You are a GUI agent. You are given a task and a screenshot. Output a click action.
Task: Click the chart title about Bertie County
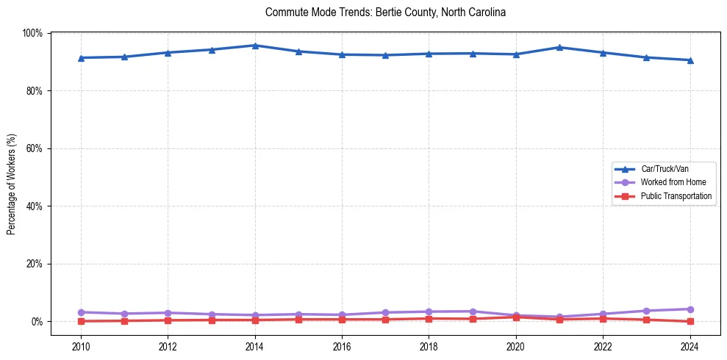385,12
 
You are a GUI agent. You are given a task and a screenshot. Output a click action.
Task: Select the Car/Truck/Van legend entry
665,169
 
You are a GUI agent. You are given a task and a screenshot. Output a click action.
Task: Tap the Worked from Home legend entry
673,182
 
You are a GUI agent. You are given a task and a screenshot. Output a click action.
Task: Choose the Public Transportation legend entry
676,196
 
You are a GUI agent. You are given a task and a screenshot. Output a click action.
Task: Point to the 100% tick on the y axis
32,33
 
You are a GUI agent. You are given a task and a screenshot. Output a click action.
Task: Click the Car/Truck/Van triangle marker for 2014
255,46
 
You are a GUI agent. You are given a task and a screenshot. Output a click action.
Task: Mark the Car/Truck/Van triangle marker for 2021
559,47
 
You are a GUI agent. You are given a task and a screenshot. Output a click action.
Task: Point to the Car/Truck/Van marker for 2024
690,60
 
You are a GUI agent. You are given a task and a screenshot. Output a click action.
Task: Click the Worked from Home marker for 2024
690,309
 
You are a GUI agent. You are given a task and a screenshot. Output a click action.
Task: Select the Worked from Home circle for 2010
81,312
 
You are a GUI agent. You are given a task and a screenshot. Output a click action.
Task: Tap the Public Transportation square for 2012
168,320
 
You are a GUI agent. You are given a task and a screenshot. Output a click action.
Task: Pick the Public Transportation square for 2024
690,321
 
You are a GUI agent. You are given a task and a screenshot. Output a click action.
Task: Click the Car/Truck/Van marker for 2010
81,58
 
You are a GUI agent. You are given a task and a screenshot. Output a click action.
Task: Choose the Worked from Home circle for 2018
429,312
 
